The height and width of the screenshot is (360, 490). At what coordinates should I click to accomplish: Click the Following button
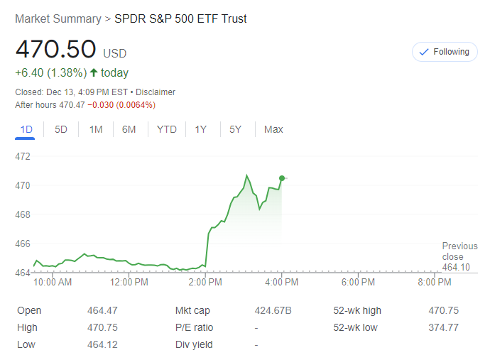pos(445,52)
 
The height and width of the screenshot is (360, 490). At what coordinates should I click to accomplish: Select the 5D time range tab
pos(61,129)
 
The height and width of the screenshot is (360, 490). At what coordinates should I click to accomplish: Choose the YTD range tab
pos(167,129)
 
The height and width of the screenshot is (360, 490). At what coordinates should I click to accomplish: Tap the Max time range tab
pos(273,129)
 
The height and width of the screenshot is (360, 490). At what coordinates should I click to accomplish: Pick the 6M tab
pos(129,129)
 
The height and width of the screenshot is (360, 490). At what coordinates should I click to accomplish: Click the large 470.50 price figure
pos(55,49)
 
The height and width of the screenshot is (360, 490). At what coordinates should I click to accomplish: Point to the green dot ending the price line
pos(282,178)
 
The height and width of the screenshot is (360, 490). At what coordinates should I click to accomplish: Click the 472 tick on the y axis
pos(23,156)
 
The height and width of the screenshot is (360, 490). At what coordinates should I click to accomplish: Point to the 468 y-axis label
pos(23,214)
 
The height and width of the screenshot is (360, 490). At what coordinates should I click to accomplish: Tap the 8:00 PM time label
pos(434,282)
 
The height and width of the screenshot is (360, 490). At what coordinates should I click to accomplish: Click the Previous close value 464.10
pos(456,267)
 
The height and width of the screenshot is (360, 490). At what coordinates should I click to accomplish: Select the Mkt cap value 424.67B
pos(273,310)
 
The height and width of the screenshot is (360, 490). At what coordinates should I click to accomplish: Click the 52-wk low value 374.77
pos(444,327)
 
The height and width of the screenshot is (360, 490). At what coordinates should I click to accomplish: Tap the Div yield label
pos(193,344)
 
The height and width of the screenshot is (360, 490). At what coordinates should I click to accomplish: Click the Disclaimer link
pos(156,92)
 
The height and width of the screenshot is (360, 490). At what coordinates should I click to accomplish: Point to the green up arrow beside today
pos(94,72)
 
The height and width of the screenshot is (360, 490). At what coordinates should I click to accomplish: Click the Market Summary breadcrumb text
pos(58,19)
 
